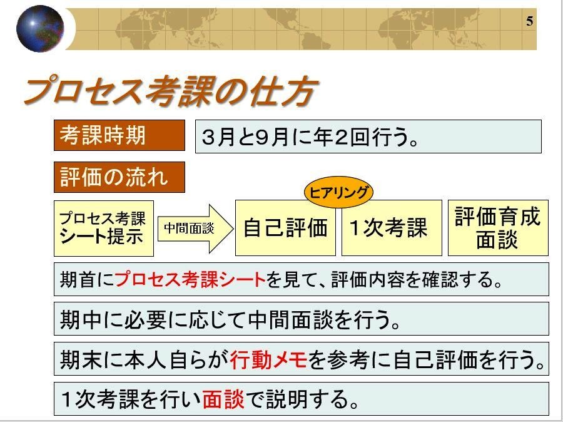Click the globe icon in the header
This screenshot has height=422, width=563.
[x=40, y=28]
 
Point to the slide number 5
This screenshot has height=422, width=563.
[x=530, y=21]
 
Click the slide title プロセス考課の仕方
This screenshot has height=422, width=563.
[x=171, y=91]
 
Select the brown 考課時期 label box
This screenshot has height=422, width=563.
[x=119, y=135]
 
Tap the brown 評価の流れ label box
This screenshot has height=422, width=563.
[x=119, y=177]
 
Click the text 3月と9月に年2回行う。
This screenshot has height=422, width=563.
[x=310, y=137]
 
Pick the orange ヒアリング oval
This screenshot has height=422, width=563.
[x=338, y=192]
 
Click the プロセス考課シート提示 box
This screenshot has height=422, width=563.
[x=104, y=229]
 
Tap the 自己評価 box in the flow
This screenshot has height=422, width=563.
[x=285, y=228]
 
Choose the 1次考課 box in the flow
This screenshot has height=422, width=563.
[x=392, y=228]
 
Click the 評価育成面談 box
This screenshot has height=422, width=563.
[x=498, y=228]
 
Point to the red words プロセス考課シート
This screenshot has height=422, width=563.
[x=190, y=279]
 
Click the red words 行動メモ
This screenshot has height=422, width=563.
[x=268, y=359]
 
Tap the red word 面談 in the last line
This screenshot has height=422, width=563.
[x=223, y=399]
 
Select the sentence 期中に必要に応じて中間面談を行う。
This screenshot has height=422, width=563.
[x=230, y=319]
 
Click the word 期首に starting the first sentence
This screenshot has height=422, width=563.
[x=87, y=279]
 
